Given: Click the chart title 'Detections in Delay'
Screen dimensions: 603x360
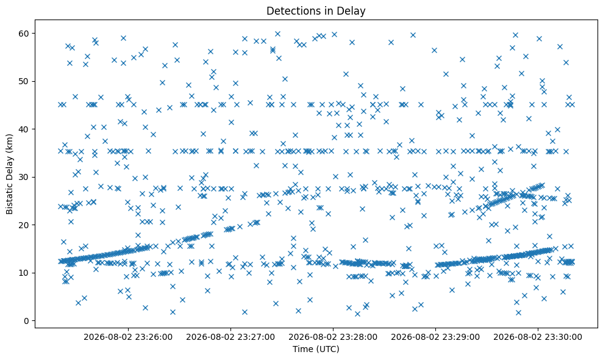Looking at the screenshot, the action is click(x=316, y=11).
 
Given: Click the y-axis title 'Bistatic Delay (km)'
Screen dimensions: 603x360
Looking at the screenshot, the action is click(x=10, y=174).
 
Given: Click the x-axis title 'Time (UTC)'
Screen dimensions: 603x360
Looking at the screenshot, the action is click(x=316, y=349).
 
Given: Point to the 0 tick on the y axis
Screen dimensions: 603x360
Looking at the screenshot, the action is click(x=27, y=321).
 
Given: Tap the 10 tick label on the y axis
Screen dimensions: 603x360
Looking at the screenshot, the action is click(x=24, y=273).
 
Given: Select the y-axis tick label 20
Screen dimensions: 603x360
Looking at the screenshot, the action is click(x=24, y=225).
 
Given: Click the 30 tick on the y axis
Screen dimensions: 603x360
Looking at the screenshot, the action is click(x=24, y=177).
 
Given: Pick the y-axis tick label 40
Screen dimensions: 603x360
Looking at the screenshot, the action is click(x=24, y=129).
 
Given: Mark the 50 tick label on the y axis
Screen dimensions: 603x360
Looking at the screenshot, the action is click(x=24, y=81).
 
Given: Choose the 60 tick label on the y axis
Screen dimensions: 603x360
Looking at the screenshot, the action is click(x=24, y=34).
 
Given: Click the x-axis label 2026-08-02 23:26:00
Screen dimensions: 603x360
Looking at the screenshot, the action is click(x=128, y=337).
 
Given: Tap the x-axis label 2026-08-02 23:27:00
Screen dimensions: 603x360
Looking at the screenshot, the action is click(x=230, y=337).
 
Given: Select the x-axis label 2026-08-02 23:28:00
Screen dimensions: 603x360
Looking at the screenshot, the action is click(x=333, y=337).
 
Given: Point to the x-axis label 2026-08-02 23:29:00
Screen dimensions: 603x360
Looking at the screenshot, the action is click(x=435, y=337).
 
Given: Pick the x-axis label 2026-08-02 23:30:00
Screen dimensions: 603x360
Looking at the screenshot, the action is click(x=538, y=337).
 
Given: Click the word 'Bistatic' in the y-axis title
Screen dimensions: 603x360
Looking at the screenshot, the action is click(x=10, y=199).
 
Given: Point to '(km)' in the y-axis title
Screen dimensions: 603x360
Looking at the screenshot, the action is click(x=10, y=142).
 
